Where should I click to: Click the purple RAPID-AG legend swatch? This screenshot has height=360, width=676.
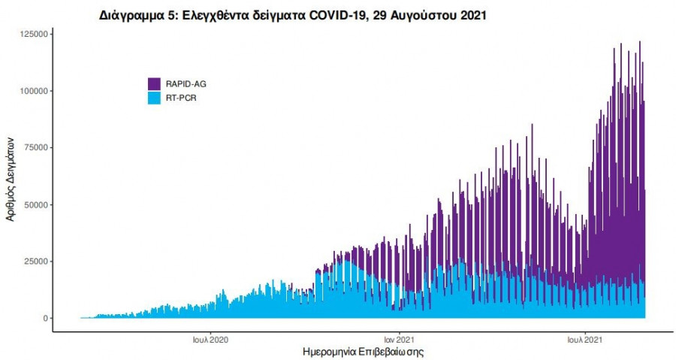(154, 83)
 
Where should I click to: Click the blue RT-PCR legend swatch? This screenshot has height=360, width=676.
(154, 97)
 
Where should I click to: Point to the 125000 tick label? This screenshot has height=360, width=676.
(35, 34)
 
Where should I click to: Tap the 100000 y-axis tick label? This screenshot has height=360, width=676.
(35, 91)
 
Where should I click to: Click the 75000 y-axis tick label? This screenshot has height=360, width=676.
(37, 147)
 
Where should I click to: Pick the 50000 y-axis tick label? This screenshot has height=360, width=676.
(37, 204)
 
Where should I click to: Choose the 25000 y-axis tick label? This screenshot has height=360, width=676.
(37, 262)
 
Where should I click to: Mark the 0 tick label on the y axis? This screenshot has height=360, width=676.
(47, 319)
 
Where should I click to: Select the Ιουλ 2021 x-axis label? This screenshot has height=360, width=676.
(583, 338)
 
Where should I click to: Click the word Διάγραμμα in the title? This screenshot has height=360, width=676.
(133, 15)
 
